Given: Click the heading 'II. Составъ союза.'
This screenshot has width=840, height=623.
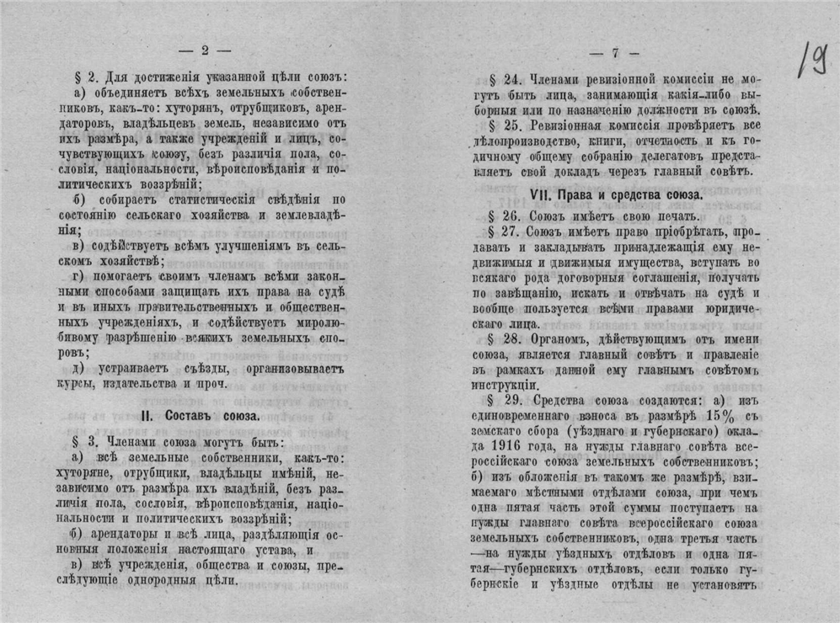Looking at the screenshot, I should tap(204, 418).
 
